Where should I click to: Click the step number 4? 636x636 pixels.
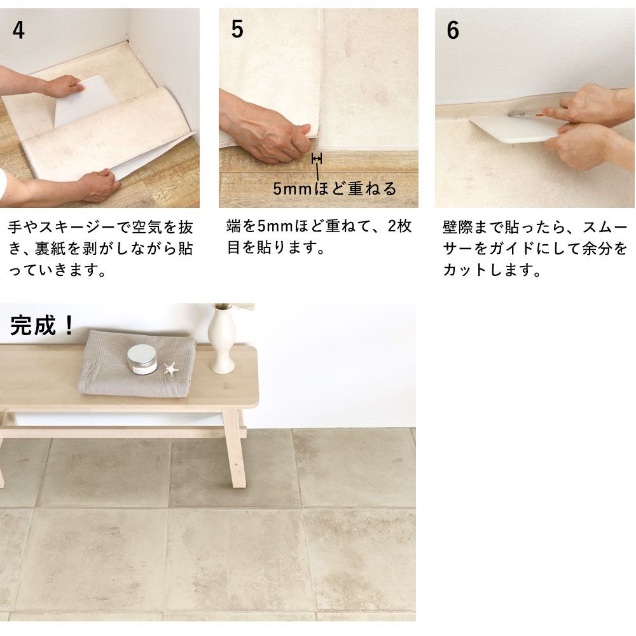18,31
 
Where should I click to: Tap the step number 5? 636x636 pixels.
237,29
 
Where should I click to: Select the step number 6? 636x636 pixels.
453,31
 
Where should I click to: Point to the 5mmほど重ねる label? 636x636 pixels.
335,189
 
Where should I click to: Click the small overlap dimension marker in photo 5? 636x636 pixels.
316,158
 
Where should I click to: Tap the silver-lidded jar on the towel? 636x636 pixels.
142,359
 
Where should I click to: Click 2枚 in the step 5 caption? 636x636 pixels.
399,226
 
